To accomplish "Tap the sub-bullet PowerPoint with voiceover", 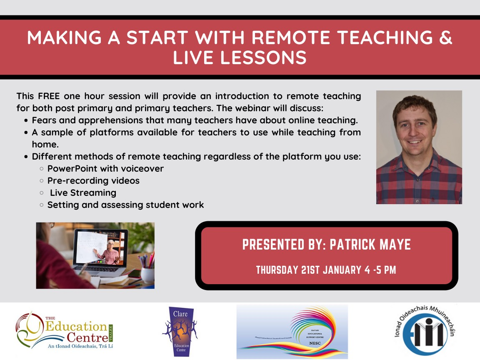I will (105, 169).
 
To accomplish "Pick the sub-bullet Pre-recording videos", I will (93, 181).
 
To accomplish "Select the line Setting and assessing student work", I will (125, 205).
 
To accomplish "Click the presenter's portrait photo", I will (419, 147).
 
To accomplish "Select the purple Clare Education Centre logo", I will (180, 331).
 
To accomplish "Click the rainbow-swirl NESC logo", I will (292, 331).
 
